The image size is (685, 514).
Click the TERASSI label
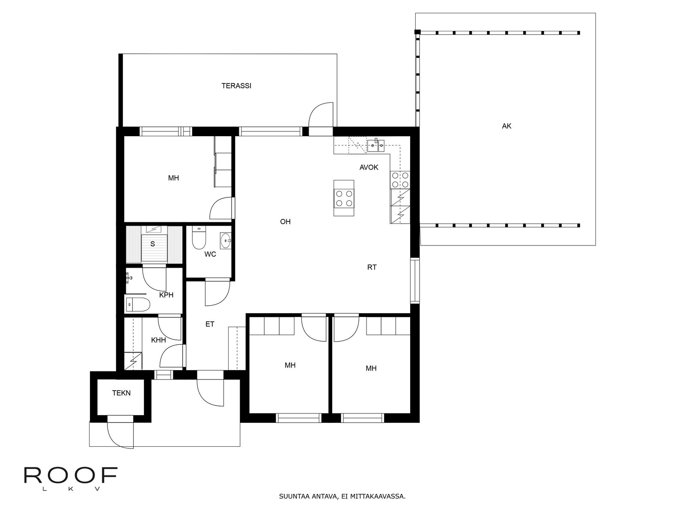pyautogui.click(x=236, y=86)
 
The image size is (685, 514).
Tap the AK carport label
pyautogui.click(x=506, y=126)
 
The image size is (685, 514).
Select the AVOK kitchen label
pyautogui.click(x=369, y=167)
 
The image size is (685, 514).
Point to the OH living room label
pyautogui.click(x=285, y=221)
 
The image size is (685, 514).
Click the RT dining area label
pyautogui.click(x=372, y=267)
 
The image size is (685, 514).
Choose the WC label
pyautogui.click(x=210, y=254)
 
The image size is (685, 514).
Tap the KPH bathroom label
pyautogui.click(x=166, y=295)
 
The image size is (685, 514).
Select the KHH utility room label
pyautogui.click(x=158, y=340)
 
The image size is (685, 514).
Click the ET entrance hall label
pyautogui.click(x=210, y=324)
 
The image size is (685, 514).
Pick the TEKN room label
pyautogui.click(x=122, y=393)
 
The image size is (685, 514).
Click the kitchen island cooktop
pyautogui.click(x=344, y=198)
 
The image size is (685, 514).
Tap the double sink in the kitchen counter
pyautogui.click(x=376, y=146)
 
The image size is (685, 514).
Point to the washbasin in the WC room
pyautogui.click(x=225, y=241)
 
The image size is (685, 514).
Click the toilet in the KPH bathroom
pyautogui.click(x=137, y=304)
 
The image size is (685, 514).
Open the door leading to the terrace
pyautogui.click(x=321, y=119)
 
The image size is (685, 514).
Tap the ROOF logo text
pyautogui.click(x=71, y=475)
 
